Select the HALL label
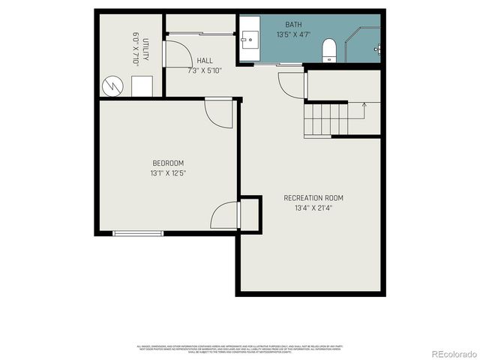[x=205, y=61]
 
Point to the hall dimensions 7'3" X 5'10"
[x=205, y=70]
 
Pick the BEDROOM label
[x=168, y=163]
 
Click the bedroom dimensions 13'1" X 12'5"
[x=168, y=173]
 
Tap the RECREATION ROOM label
[x=313, y=198]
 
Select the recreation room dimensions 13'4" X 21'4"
[x=313, y=208]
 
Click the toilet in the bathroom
[x=328, y=51]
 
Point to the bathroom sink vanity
[x=250, y=38]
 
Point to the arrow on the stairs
[x=364, y=106]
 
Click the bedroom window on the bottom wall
[x=138, y=233]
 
